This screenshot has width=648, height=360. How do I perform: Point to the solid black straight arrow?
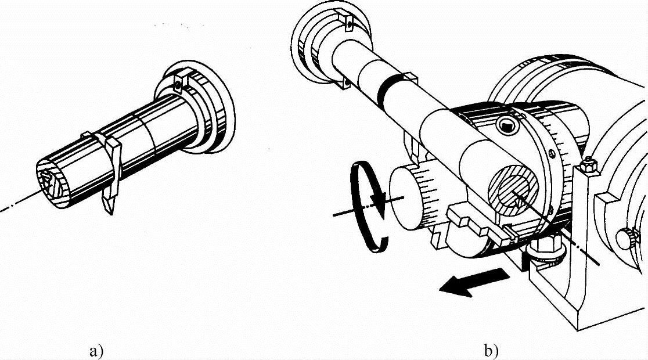click(474, 282)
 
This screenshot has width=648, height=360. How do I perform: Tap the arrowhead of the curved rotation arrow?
click(377, 200)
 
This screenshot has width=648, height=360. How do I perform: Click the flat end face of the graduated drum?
click(405, 198)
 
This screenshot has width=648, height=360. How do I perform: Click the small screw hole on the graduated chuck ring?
click(553, 154)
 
